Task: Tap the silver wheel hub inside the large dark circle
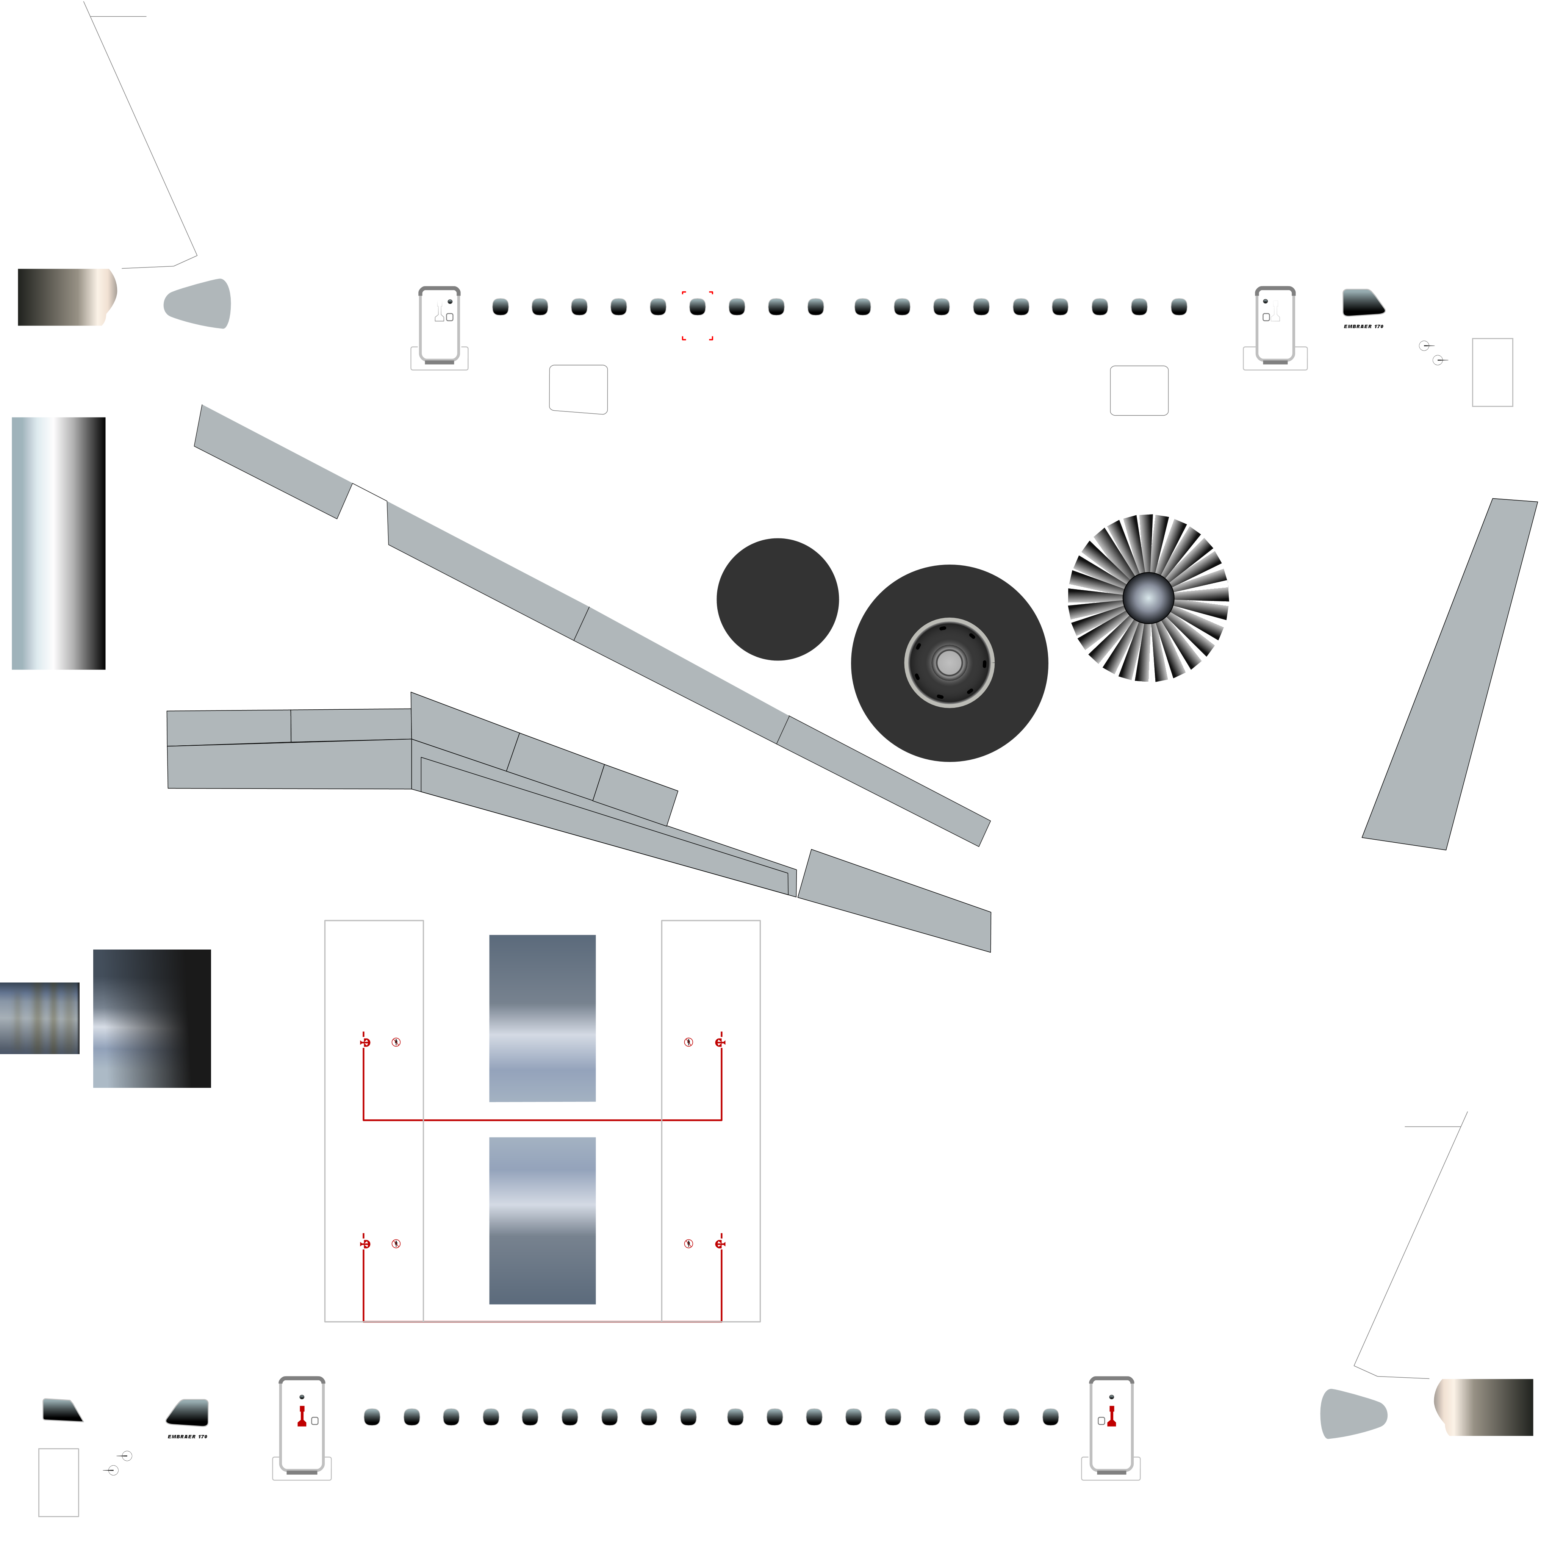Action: point(950,663)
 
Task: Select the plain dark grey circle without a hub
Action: point(778,599)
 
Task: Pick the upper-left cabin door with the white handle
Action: point(440,324)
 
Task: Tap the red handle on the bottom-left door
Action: point(302,1416)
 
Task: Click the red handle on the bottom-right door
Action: point(1112,1416)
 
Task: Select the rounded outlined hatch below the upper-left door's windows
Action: point(578,390)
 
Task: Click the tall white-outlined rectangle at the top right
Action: point(1492,372)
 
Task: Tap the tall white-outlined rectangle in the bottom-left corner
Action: point(59,1482)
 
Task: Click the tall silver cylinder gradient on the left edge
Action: point(56,543)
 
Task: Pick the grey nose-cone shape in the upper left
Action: point(199,304)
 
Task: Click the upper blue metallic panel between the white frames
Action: point(542,1018)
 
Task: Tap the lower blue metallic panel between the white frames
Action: point(542,1220)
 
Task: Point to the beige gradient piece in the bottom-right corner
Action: point(1486,1406)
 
